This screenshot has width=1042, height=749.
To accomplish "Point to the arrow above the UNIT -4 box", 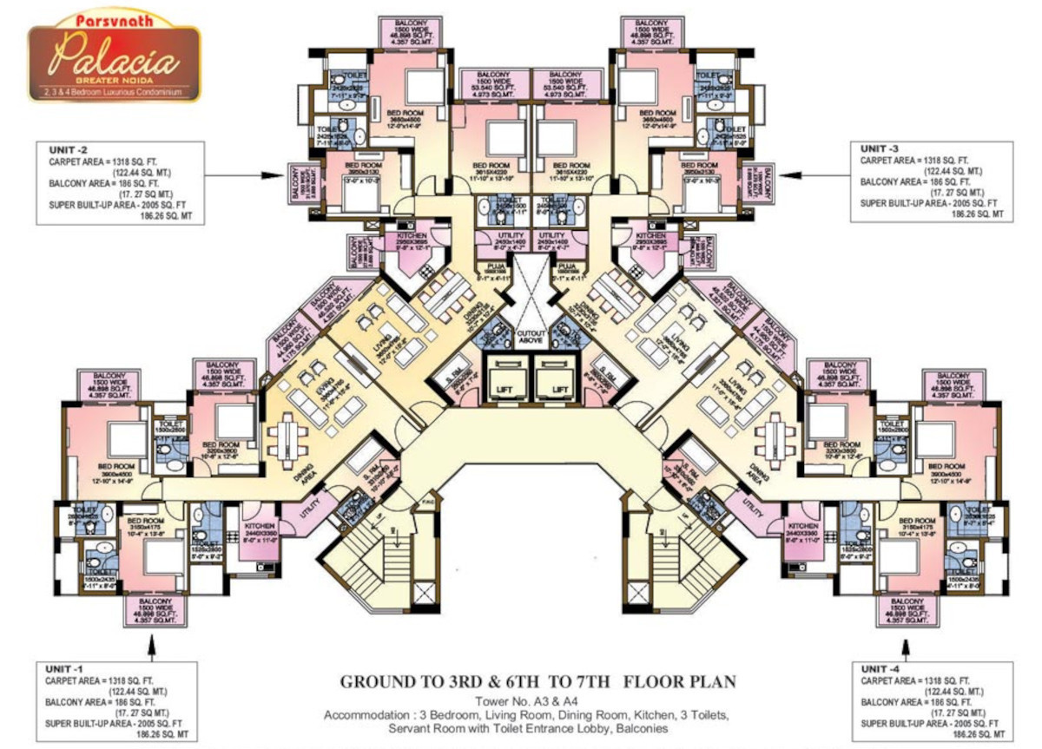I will point(906,647).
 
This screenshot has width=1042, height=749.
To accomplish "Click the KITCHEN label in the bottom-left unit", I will point(260,527).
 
